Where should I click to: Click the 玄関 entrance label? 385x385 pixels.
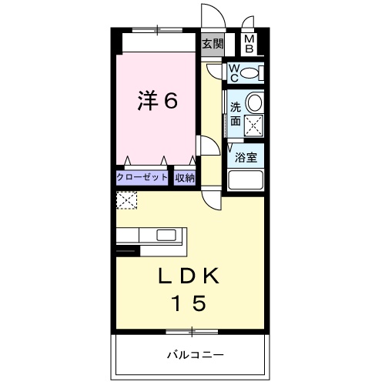pyautogui.click(x=212, y=44)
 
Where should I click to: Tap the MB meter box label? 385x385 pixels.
pyautogui.click(x=249, y=44)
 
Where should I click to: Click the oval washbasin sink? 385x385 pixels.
pyautogui.click(x=256, y=103)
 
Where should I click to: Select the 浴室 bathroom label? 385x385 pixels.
pyautogui.click(x=246, y=158)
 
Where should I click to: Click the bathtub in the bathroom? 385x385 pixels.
pyautogui.click(x=246, y=182)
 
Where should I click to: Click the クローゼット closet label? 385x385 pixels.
pyautogui.click(x=142, y=177)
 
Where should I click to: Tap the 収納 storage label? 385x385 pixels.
pyautogui.click(x=185, y=177)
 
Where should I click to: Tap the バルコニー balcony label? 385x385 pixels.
pyautogui.click(x=195, y=355)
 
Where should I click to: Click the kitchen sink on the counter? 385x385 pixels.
pyautogui.click(x=167, y=235)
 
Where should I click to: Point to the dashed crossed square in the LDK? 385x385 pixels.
pyautogui.click(x=126, y=200)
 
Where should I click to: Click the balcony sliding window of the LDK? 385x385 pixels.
pyautogui.click(x=191, y=333)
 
